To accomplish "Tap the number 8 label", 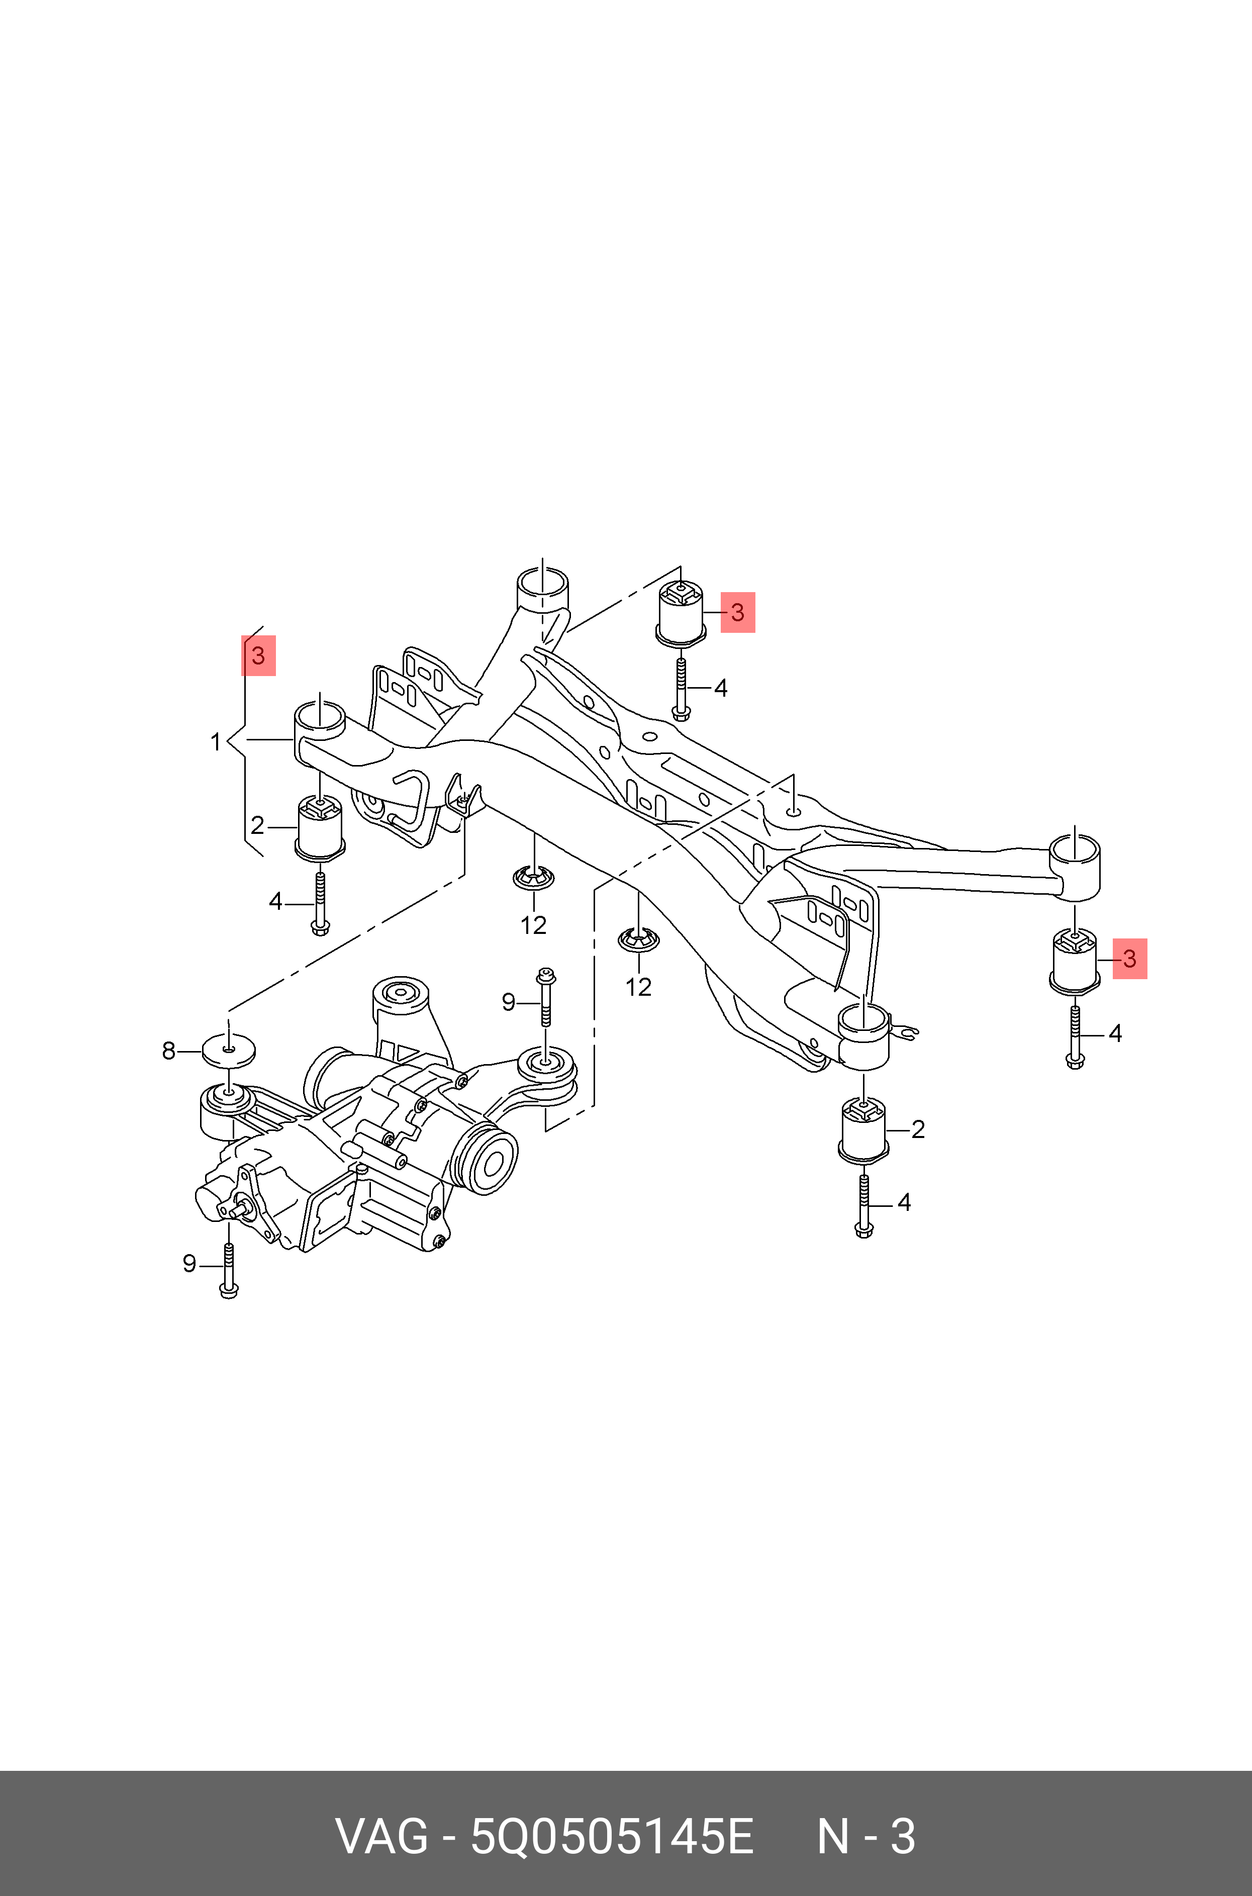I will coord(168,1052).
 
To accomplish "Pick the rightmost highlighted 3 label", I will coord(1129,958).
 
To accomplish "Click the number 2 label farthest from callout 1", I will coord(917,1129).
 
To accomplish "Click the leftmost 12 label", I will coord(533,925).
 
